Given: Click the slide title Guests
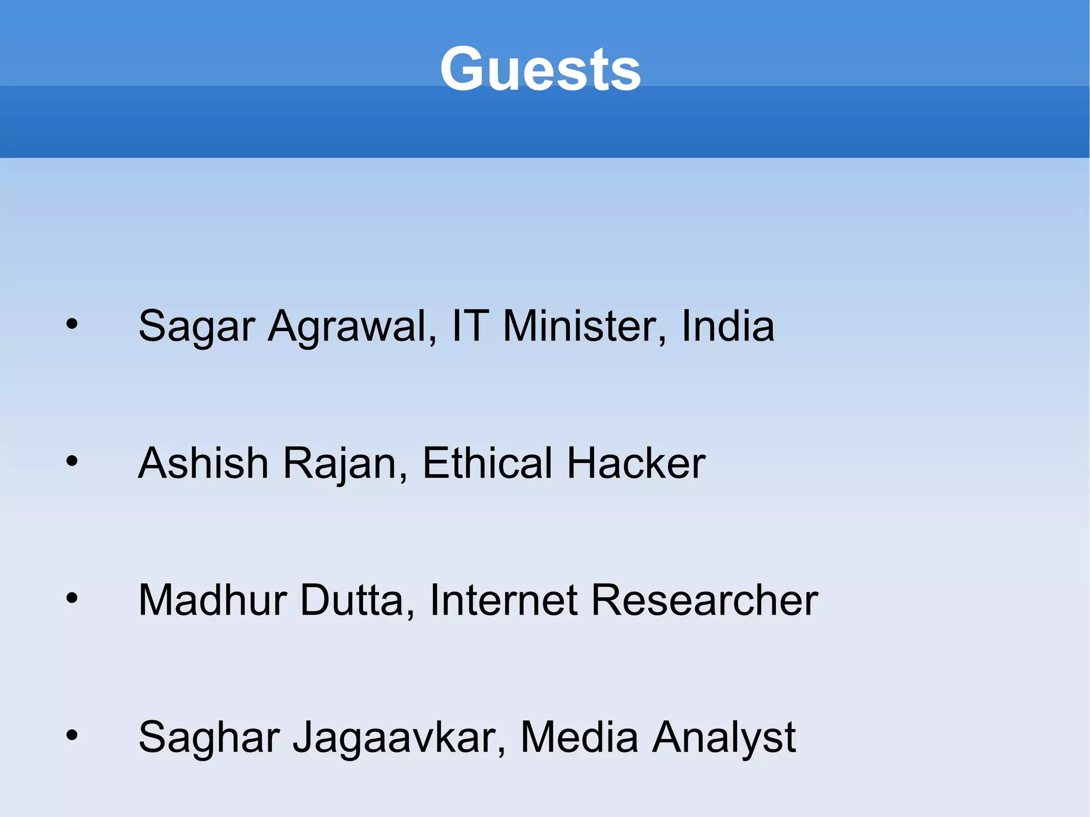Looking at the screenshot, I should click(540, 69).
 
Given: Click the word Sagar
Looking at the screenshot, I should click(196, 326).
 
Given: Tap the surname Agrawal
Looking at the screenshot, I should click(352, 326).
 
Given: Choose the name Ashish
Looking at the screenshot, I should click(203, 463).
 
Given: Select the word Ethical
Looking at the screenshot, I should click(487, 463).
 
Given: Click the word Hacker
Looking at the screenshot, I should click(636, 463).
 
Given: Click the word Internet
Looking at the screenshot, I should click(503, 600).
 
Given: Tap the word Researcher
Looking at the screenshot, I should click(705, 600).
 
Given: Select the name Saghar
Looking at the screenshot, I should click(209, 738).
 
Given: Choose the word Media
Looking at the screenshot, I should click(579, 737).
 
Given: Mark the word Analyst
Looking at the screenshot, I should click(724, 738).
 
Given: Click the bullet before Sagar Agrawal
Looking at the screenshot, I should click(72, 324).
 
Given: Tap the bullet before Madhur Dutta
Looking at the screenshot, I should click(72, 598).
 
